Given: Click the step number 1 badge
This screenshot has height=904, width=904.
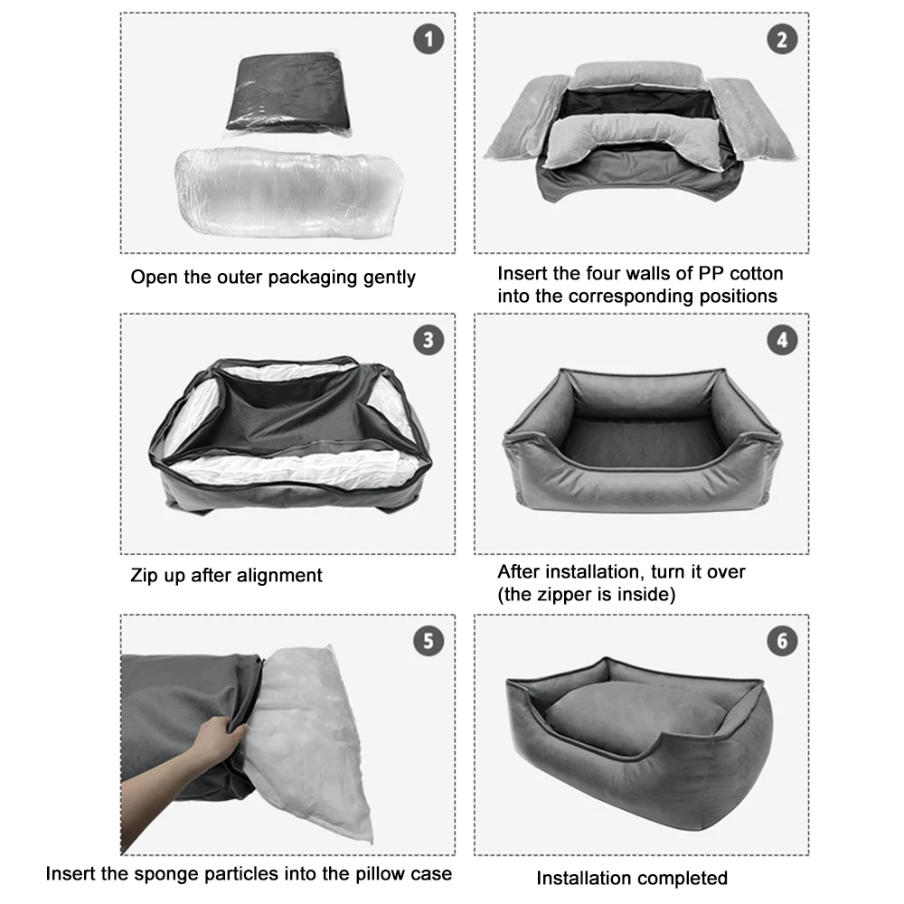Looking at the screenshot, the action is click(x=428, y=39).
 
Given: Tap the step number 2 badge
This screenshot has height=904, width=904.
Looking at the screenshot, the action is click(x=782, y=39).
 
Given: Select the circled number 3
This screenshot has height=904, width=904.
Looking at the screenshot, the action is click(x=428, y=340).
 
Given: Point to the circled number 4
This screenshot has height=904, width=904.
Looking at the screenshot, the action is click(x=782, y=340).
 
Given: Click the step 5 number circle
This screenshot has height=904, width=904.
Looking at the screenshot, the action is click(x=428, y=641).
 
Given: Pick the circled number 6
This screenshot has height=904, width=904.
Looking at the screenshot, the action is click(x=782, y=641).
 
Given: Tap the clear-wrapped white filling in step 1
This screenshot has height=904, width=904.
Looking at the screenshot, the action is click(x=289, y=192).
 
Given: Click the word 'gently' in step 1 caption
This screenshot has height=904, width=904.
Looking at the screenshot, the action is click(x=389, y=278).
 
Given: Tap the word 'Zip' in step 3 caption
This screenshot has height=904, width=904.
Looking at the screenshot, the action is click(x=144, y=575).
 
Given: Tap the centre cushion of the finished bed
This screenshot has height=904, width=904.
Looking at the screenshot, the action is click(x=635, y=715).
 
